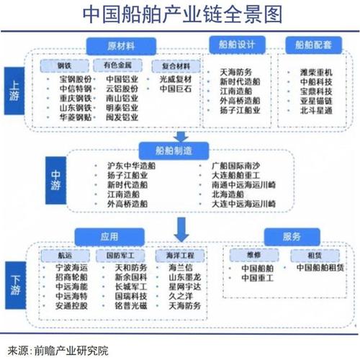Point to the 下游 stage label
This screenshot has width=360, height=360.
click(x=16, y=284)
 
